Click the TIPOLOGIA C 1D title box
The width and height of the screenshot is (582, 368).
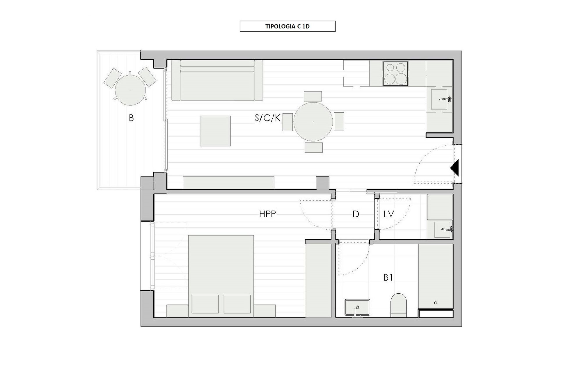(x=288, y=26)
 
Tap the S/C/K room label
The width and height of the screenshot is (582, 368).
(x=267, y=118)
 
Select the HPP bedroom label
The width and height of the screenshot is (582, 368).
(x=267, y=214)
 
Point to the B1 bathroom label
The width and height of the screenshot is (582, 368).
(x=388, y=278)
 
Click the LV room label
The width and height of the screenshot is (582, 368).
(x=389, y=214)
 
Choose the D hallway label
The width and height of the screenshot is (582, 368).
(x=356, y=214)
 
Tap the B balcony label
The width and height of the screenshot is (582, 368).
(x=131, y=118)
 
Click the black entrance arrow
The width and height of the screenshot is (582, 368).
(x=454, y=168)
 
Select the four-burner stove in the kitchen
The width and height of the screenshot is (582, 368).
(x=395, y=73)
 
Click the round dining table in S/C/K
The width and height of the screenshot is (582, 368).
(x=313, y=122)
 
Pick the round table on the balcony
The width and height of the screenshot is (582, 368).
(x=130, y=90)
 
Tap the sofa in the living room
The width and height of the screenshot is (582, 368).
(x=217, y=80)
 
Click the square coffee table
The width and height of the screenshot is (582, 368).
(x=215, y=131)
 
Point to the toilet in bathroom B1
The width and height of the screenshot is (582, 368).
(x=398, y=306)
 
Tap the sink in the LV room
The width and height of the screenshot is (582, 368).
(x=442, y=229)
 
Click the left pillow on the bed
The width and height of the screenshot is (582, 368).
(x=205, y=304)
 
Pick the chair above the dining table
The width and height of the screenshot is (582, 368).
(x=313, y=96)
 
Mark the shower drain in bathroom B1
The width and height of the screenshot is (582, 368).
(x=436, y=303)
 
